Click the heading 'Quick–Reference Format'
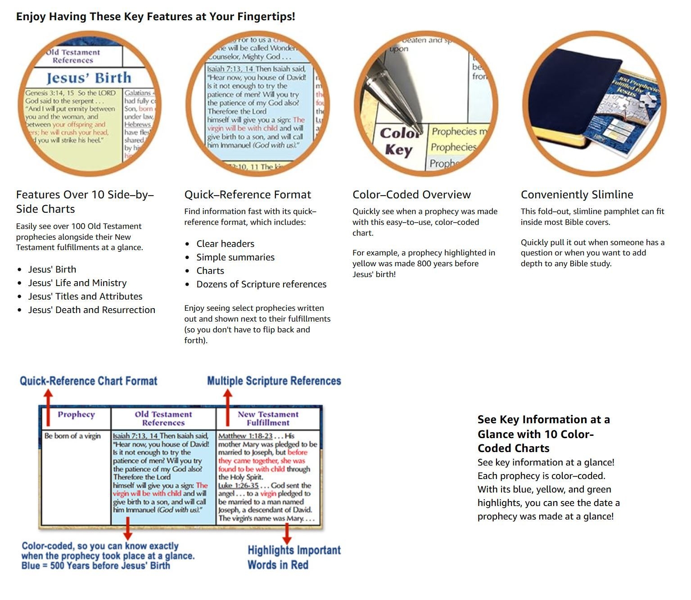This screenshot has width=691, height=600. tap(248, 195)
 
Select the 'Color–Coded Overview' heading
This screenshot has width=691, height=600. tap(411, 195)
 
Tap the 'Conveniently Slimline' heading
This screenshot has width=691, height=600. tap(577, 195)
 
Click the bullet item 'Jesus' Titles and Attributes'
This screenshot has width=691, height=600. tap(85, 296)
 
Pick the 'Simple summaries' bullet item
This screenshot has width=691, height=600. tap(235, 257)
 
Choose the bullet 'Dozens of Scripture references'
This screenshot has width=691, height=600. tap(261, 284)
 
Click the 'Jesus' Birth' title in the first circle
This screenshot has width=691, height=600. tap(89, 78)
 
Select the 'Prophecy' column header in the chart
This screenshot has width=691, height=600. tap(76, 415)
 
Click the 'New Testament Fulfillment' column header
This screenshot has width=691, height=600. tap(268, 418)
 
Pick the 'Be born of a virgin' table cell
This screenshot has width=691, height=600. tap(72, 436)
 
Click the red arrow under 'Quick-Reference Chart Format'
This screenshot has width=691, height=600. tap(48, 400)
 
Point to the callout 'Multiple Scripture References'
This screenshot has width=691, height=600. tap(274, 381)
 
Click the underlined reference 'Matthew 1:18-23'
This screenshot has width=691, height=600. tap(245, 436)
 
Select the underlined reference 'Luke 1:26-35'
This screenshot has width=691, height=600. tap(239, 485)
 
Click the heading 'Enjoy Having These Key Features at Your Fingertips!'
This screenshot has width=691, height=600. tap(156, 17)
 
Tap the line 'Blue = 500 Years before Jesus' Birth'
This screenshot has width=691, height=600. tap(96, 565)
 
